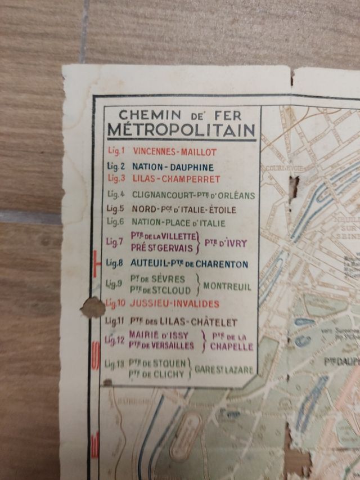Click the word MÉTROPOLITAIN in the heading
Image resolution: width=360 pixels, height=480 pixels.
click(181, 131)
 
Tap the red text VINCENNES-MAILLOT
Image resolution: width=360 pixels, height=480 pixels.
click(174, 151)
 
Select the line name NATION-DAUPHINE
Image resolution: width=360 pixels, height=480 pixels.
click(173, 167)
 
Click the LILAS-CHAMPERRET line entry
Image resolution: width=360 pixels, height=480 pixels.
click(175, 179)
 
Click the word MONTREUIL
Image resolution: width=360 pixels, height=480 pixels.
click(227, 286)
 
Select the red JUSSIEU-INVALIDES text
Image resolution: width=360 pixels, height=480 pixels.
click(174, 304)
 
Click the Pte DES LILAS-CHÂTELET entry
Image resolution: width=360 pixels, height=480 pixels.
click(184, 323)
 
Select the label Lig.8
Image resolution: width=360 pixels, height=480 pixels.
click(115, 263)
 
